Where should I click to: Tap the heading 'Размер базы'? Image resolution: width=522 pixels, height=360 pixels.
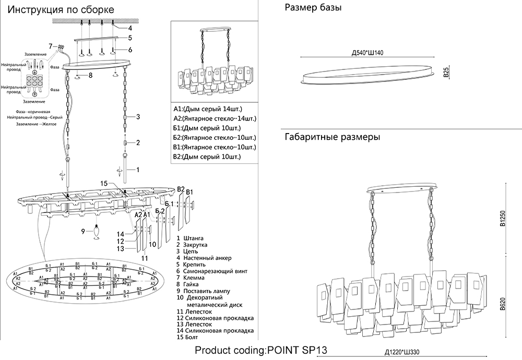pyautogui.click(x=314, y=8)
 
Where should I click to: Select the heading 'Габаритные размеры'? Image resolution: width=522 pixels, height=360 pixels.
pyautogui.click(x=332, y=137)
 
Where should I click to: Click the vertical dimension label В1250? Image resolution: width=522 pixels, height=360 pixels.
pyautogui.click(x=503, y=219)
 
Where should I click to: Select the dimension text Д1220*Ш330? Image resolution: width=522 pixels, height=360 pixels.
pyautogui.click(x=402, y=352)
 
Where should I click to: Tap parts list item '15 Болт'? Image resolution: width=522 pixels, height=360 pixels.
pyautogui.click(x=189, y=338)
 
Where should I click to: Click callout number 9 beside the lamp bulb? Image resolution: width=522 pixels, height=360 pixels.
pyautogui.click(x=82, y=231)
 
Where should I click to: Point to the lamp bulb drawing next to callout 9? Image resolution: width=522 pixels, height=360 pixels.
pyautogui.click(x=97, y=230)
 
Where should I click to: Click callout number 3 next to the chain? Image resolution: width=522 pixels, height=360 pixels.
pyautogui.click(x=138, y=117)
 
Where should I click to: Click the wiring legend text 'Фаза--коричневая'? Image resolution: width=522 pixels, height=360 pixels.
pyautogui.click(x=33, y=112)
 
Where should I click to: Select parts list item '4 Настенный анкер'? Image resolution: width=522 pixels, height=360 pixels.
pyautogui.click(x=204, y=258)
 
